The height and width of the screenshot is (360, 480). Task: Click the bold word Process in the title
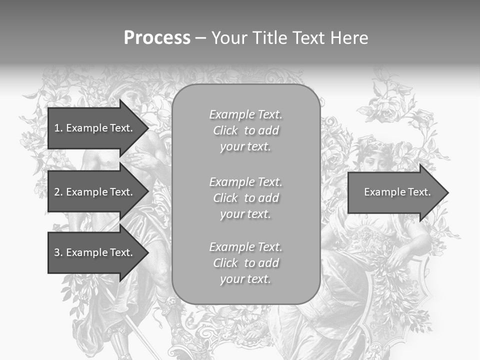[157, 38]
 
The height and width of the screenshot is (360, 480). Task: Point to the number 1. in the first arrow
[58, 128]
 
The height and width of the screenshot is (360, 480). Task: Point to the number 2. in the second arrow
[58, 192]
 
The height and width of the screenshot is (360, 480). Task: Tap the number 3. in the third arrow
[58, 252]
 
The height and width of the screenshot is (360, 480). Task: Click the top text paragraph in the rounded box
[245, 130]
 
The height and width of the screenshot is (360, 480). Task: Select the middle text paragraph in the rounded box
[245, 198]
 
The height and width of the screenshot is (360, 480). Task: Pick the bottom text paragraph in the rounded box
[245, 263]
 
